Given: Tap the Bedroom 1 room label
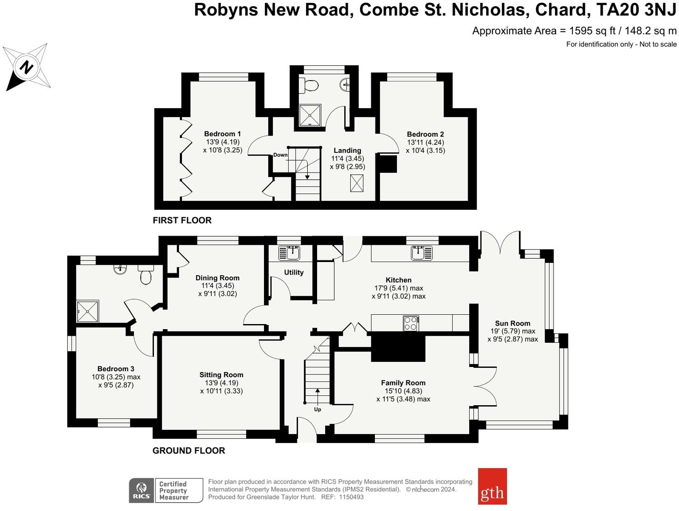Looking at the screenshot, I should (x=222, y=134).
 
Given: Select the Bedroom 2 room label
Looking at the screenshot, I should (x=425, y=134).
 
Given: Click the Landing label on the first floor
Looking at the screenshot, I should (x=347, y=151).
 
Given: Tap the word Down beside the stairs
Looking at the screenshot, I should (x=280, y=155).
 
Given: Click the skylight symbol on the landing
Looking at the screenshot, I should (x=357, y=183).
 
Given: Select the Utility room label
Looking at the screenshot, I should (x=294, y=272).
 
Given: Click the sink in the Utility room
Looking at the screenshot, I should (x=290, y=253).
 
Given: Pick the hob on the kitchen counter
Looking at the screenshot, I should (x=411, y=323).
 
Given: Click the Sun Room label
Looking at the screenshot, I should (x=513, y=323).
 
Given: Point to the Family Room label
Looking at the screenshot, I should (x=403, y=383).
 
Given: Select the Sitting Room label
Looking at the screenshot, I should (x=221, y=375).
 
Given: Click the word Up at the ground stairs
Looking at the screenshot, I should (x=318, y=409).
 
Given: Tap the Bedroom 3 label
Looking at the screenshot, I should (x=116, y=369).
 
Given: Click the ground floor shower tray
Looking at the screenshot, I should (x=88, y=311).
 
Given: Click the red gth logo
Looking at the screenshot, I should (x=492, y=486).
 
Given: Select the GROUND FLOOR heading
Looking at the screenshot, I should (x=189, y=450).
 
